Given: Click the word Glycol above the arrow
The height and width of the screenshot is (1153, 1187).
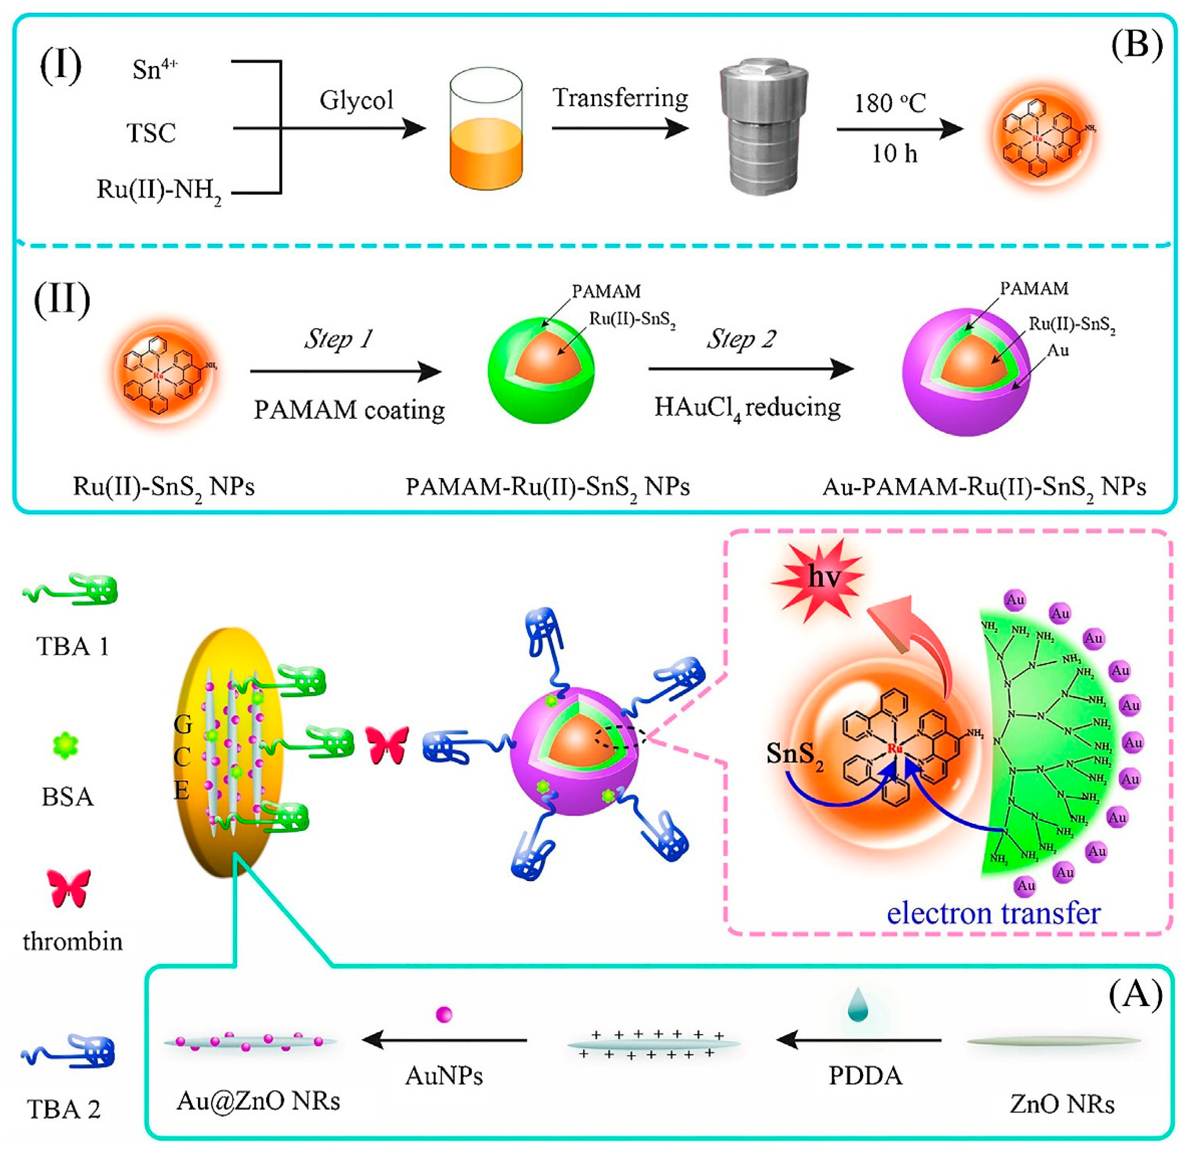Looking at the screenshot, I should click(x=357, y=100).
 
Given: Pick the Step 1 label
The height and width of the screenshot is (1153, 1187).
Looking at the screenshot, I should click(x=339, y=338).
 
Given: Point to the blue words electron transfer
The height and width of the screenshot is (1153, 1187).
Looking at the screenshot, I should click(x=993, y=913).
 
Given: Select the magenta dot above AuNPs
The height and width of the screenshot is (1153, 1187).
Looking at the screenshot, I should click(x=444, y=1014).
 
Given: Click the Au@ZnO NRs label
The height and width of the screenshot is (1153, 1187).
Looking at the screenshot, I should click(x=258, y=1101).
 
